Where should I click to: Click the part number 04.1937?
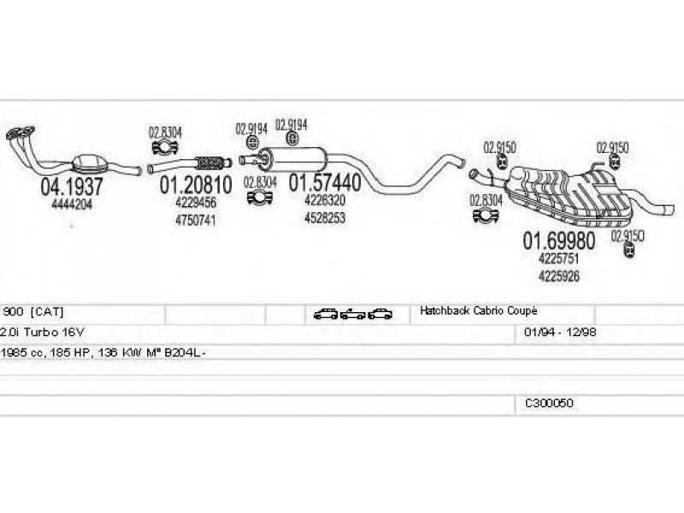pyautogui.click(x=71, y=186)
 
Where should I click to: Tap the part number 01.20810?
pyautogui.click(x=194, y=185)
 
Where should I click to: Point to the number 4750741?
pyautogui.click(x=194, y=220)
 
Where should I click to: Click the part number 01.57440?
pyautogui.click(x=324, y=182)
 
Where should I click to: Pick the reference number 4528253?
pyautogui.click(x=324, y=217)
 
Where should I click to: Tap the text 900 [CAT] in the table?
pyautogui.click(x=33, y=311)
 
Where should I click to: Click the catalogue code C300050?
pyautogui.click(x=549, y=402)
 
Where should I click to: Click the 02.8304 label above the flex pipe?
pyautogui.click(x=165, y=133)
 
